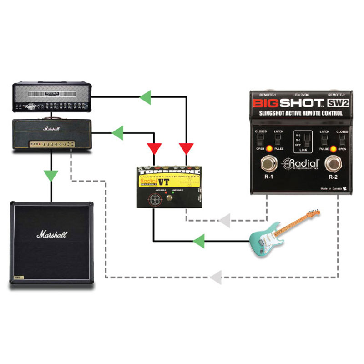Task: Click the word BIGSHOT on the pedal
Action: [x=287, y=102]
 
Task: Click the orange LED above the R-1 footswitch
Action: [x=269, y=149]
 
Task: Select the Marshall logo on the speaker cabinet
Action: [x=51, y=235]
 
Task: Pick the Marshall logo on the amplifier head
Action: [x=51, y=129]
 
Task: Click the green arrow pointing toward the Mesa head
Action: [x=145, y=97]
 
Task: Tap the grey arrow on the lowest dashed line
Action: [x=216, y=277]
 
